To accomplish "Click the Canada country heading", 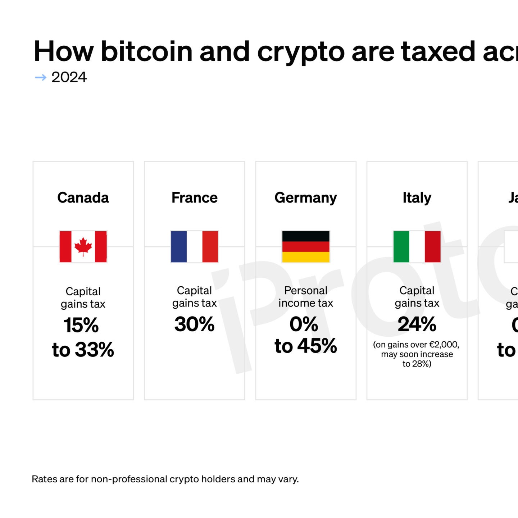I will tap(83, 197).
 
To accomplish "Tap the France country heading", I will tap(194, 197).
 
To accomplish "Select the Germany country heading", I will tap(305, 197).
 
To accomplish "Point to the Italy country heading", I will tap(417, 197).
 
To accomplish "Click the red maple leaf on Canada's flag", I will tap(83, 246).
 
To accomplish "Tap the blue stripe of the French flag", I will tap(179, 246).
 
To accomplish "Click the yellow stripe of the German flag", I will tap(305, 257).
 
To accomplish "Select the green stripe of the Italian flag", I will tap(401, 246).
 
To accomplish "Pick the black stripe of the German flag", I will tap(305, 236).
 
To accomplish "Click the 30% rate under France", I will tap(194, 324).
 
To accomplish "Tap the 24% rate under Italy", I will tap(417, 324).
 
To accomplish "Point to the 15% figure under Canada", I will tap(81, 325).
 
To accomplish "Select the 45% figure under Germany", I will tap(317, 346).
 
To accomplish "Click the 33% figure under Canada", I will tap(94, 350).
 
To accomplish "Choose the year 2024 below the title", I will tap(69, 77).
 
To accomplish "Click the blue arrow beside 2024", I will tap(41, 77).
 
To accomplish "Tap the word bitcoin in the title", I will tap(147, 51).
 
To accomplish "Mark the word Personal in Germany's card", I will tap(305, 290).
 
